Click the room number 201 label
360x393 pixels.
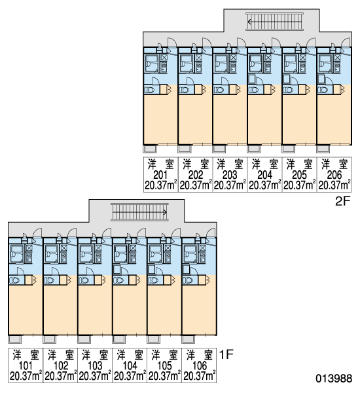click(x=160, y=175)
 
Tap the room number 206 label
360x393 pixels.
click(x=334, y=175)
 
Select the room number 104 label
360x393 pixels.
click(x=130, y=365)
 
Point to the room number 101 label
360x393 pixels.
click(x=26, y=365)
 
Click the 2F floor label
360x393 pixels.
click(x=342, y=201)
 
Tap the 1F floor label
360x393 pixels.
click(x=226, y=354)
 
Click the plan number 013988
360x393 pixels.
click(x=334, y=378)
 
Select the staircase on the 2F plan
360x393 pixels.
click(x=274, y=22)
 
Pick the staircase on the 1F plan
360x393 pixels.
click(x=139, y=212)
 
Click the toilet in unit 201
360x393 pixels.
click(x=149, y=90)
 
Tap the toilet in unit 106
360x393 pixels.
click(x=188, y=280)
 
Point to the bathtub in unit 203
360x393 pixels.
click(x=221, y=64)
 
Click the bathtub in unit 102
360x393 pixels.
click(x=51, y=254)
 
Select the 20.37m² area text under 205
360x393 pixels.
click(x=299, y=185)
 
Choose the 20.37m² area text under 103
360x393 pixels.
click(x=95, y=376)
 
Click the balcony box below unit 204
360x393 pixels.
click(x=254, y=149)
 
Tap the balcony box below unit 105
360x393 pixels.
click(x=154, y=339)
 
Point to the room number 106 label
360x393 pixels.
click(x=200, y=365)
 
